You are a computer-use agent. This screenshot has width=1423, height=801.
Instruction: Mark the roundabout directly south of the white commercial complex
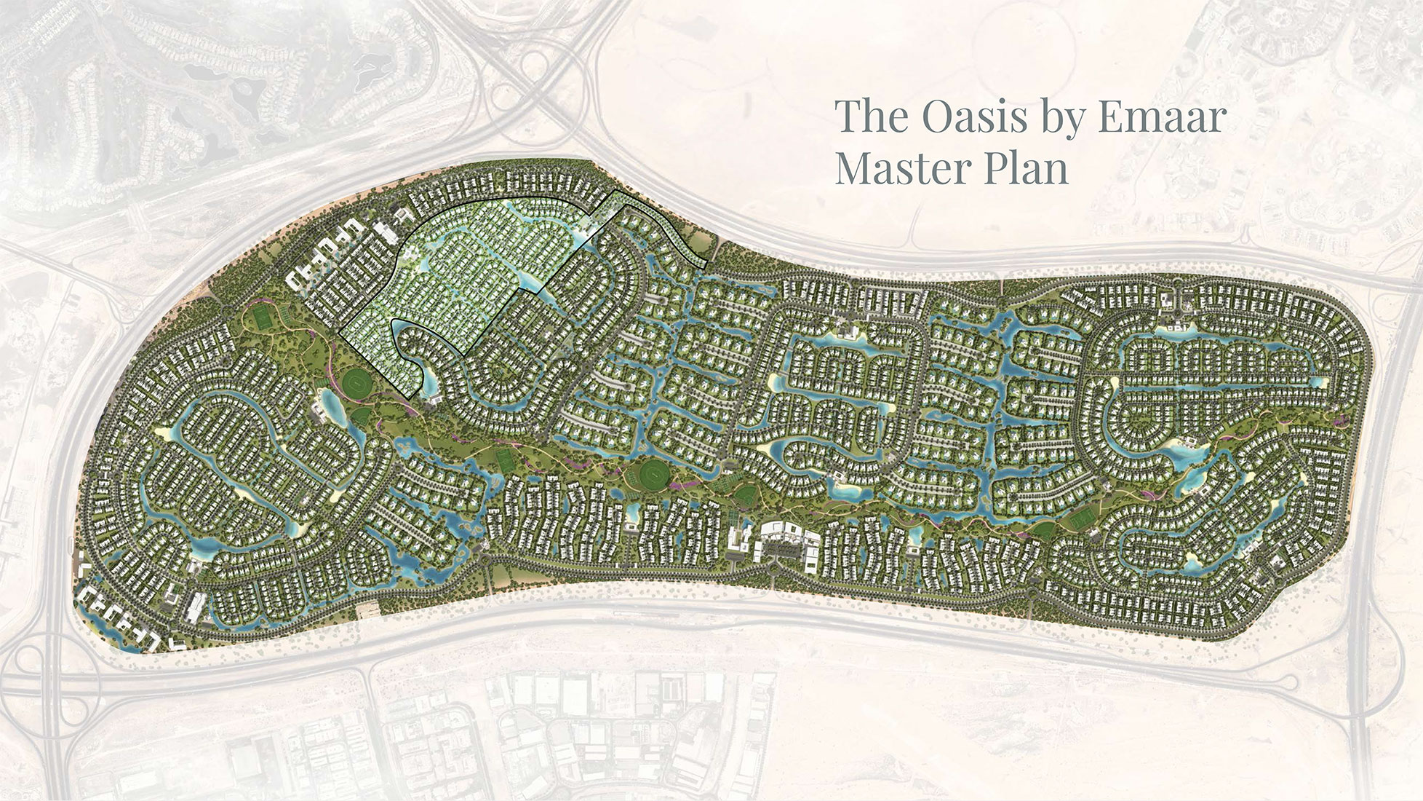pos(772,575)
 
